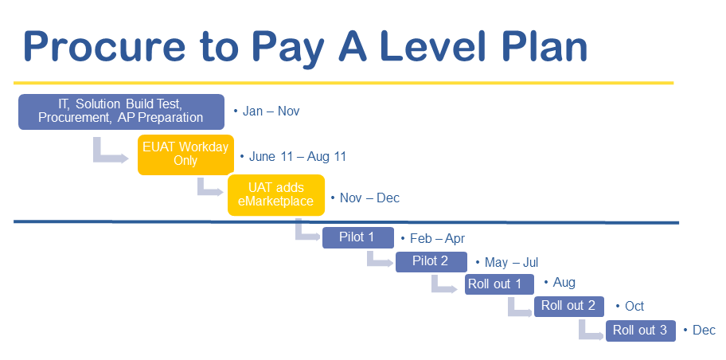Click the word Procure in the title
[x=104, y=46]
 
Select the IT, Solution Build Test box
[x=121, y=112]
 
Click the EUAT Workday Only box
[x=185, y=155]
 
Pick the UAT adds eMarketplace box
[x=276, y=194]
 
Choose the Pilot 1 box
[x=358, y=237]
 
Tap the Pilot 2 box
[x=431, y=261]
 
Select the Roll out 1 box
[x=499, y=284]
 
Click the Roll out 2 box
[x=569, y=307]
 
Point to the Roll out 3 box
[x=641, y=331]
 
